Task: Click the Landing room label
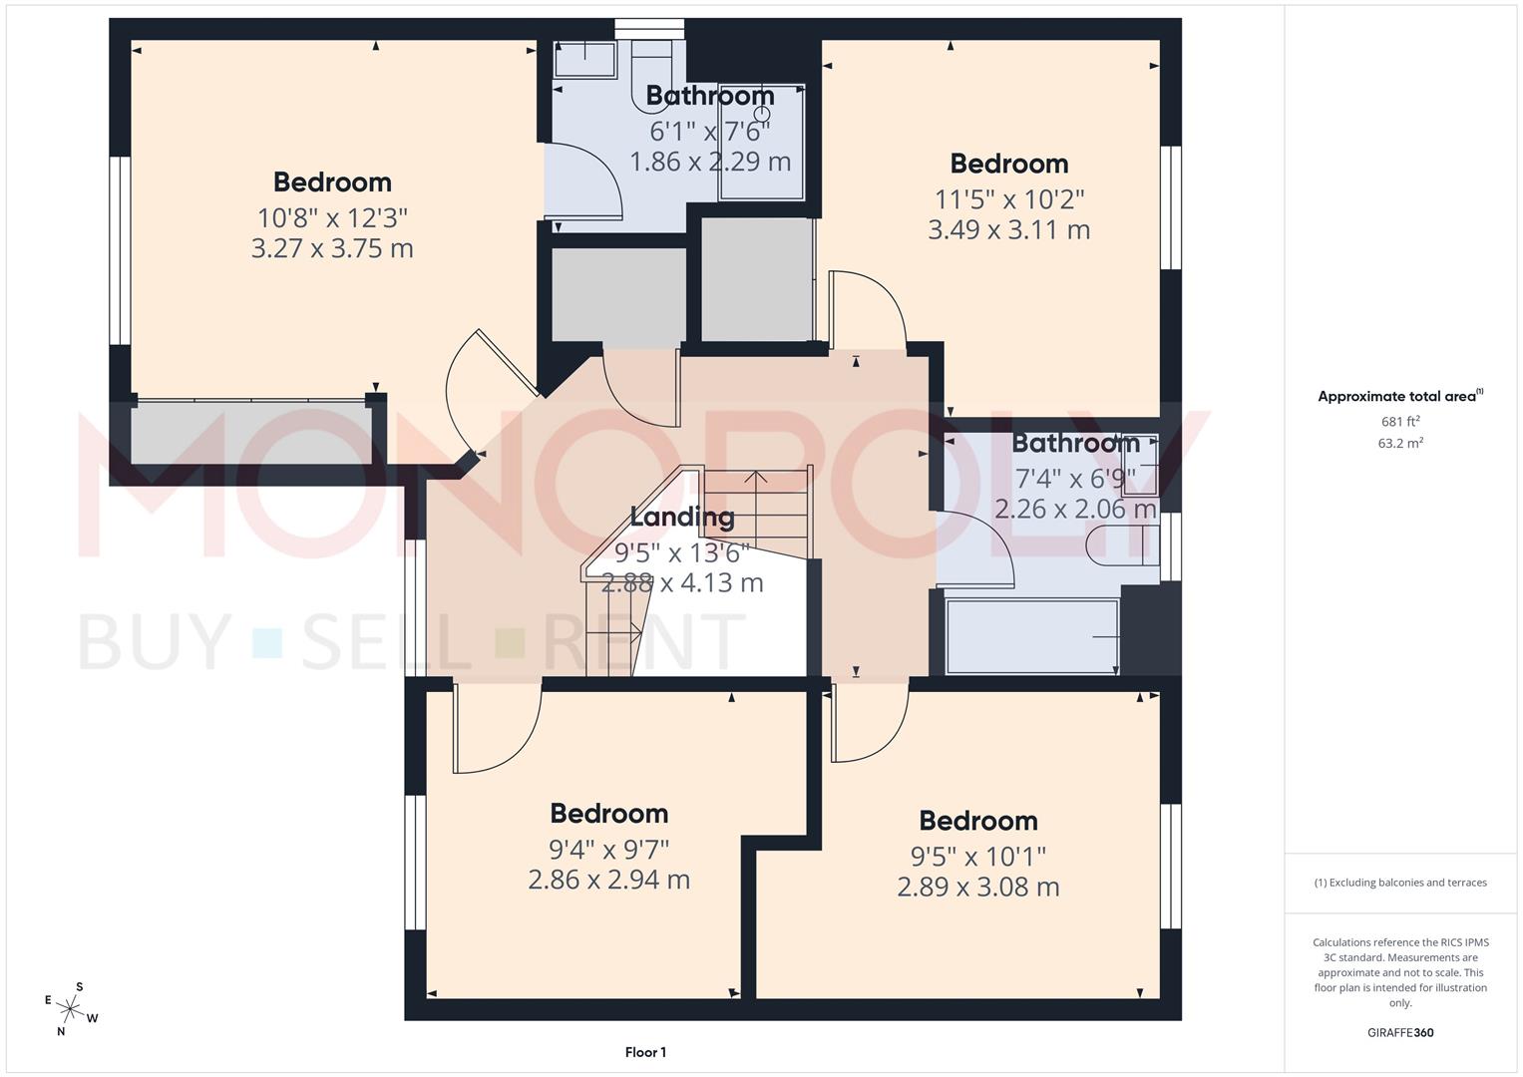click(x=682, y=517)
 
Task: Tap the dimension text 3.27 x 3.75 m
click(x=332, y=248)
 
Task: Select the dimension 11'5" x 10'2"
click(x=1008, y=198)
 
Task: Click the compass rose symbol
click(x=71, y=1008)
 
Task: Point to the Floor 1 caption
click(x=645, y=1052)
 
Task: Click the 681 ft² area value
click(x=1400, y=421)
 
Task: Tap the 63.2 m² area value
click(x=1400, y=443)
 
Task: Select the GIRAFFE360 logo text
click(x=1400, y=1032)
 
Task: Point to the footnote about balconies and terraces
click(x=1400, y=883)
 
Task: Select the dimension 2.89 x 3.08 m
click(x=977, y=887)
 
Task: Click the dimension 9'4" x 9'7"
click(x=608, y=849)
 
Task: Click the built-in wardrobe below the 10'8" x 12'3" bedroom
click(x=249, y=432)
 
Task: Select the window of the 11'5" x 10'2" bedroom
click(x=1172, y=207)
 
